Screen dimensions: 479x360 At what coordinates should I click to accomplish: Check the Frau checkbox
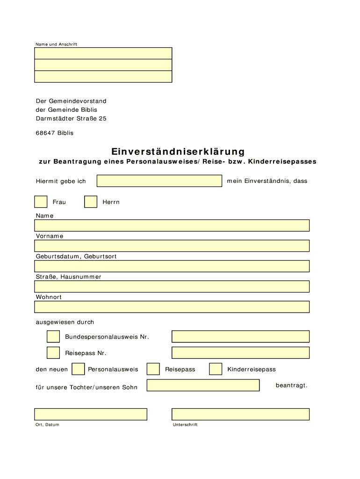pos(41,202)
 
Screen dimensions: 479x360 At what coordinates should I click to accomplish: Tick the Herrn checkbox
pos(91,202)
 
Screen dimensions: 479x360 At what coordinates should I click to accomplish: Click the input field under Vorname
pos(172,246)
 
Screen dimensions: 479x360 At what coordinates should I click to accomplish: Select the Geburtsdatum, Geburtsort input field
pos(172,266)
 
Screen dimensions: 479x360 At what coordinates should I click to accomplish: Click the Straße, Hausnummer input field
pos(172,286)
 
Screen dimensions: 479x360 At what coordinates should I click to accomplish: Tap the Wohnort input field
pos(172,307)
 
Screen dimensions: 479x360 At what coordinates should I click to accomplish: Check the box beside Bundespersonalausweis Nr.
pos(53,337)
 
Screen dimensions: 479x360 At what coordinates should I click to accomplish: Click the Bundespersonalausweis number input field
pos(240,337)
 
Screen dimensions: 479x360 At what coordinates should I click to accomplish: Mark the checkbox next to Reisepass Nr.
pos(53,353)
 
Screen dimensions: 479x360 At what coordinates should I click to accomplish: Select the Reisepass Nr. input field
pos(240,353)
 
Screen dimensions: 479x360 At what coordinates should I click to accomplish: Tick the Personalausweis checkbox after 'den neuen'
pos(78,369)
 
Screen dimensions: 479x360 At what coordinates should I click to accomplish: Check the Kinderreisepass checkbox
pos(216,369)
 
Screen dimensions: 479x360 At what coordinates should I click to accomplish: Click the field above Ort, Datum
pos(91,414)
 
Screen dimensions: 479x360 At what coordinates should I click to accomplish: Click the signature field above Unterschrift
pos(240,414)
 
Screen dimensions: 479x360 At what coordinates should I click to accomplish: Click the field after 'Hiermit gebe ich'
pos(159,181)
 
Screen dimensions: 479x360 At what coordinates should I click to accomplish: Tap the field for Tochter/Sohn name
pos(203,385)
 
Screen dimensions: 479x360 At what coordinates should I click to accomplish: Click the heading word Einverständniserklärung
pos(178,152)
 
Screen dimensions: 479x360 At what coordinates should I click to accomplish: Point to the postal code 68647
pos(45,133)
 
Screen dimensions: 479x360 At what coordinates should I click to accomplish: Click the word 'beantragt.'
pos(291,385)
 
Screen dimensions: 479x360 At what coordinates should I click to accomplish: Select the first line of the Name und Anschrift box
pos(103,53)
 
